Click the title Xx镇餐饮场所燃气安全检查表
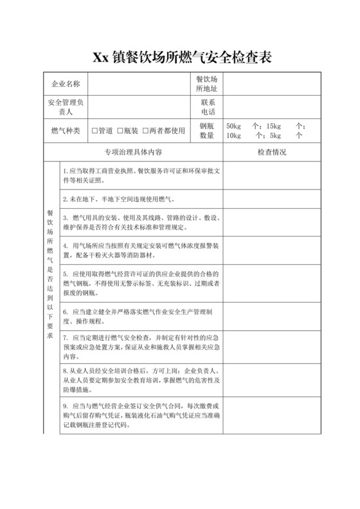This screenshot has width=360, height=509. [179, 57]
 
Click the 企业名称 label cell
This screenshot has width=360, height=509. [66, 84]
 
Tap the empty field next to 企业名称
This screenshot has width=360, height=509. [139, 84]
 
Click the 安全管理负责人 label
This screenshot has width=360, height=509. [66, 107]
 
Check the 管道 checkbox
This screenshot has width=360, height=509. [95, 130]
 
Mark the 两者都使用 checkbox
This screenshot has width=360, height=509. [145, 130]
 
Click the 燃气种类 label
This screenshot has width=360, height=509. [66, 130]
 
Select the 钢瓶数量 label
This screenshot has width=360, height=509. [207, 130]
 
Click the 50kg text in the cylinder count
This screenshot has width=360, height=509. [232, 126]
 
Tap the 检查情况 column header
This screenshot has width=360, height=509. [271, 152]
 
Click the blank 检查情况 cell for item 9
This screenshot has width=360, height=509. [271, 415]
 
